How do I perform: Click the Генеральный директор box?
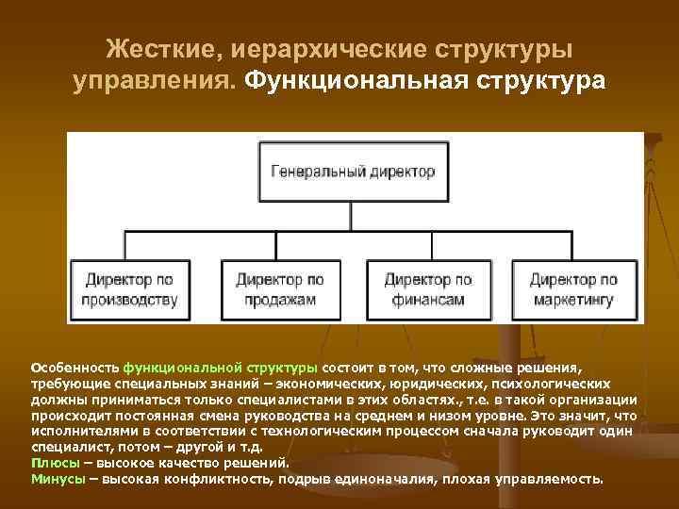point(354,172)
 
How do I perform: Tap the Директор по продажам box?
point(279,289)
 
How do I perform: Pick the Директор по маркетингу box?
point(573,289)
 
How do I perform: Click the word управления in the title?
point(155,81)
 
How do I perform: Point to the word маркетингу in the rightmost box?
point(573,300)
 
